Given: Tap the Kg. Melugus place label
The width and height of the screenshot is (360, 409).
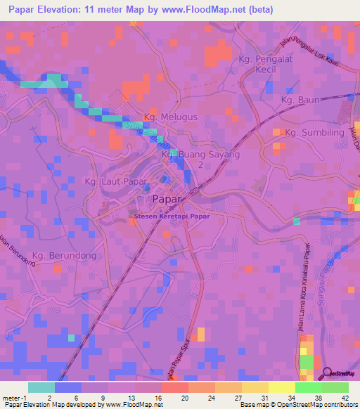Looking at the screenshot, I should (169, 117).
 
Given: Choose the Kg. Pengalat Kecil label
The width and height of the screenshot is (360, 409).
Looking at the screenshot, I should (270, 65).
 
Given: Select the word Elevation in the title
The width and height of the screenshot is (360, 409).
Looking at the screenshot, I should (67, 10).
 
